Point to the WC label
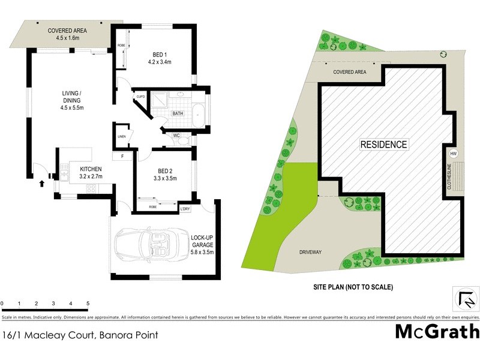pos(176,136)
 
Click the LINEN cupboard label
pos(121,136)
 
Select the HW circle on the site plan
pos(454,153)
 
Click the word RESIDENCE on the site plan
pos(383,145)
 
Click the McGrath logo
pos(436,332)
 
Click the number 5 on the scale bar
pos(88,304)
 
